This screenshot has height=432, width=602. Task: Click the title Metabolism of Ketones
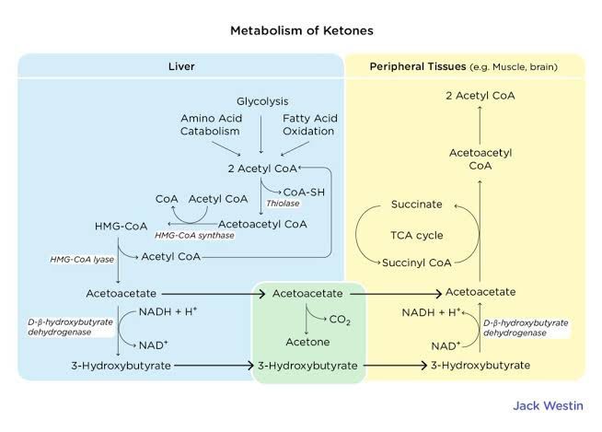(x=301, y=30)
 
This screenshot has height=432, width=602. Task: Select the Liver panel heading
(x=181, y=67)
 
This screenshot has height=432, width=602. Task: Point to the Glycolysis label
(x=261, y=100)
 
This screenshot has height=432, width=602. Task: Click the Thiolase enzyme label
(x=282, y=202)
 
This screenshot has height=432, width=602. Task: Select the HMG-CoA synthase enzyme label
(x=192, y=236)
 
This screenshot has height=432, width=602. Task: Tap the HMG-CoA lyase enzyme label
(x=82, y=260)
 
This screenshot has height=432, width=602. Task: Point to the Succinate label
(x=416, y=204)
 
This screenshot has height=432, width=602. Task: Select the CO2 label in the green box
(x=340, y=319)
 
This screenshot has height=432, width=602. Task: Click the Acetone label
(x=307, y=340)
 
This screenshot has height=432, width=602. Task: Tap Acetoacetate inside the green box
(x=307, y=293)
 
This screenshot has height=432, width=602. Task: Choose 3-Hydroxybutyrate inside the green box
(x=308, y=366)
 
